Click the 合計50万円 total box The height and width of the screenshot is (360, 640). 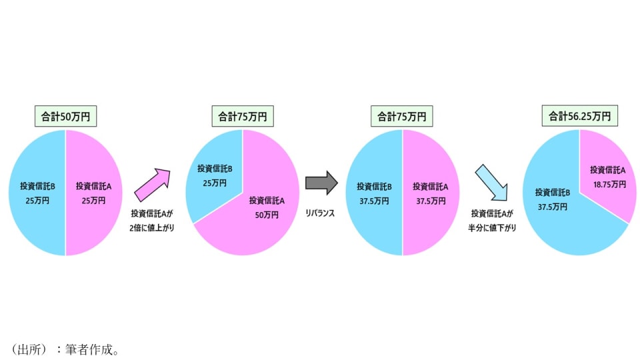click(x=65, y=117)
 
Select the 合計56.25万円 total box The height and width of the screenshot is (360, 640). click(x=579, y=117)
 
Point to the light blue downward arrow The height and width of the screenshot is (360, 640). click(x=491, y=183)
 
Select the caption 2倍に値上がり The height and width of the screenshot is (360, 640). click(x=151, y=227)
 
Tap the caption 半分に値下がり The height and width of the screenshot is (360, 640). click(x=493, y=227)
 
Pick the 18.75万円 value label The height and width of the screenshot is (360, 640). click(x=608, y=183)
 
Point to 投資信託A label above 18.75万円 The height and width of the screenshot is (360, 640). click(x=608, y=169)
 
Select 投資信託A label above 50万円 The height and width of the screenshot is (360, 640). click(x=267, y=200)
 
